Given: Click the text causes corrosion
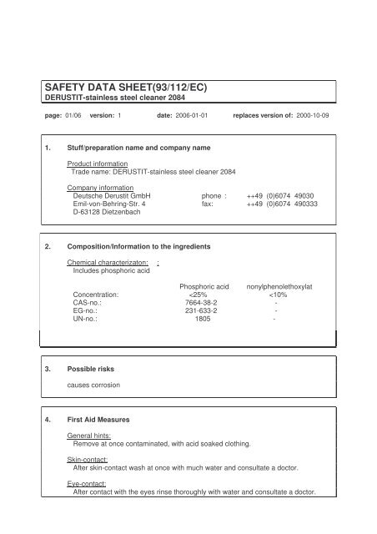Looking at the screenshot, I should tap(93, 388).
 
